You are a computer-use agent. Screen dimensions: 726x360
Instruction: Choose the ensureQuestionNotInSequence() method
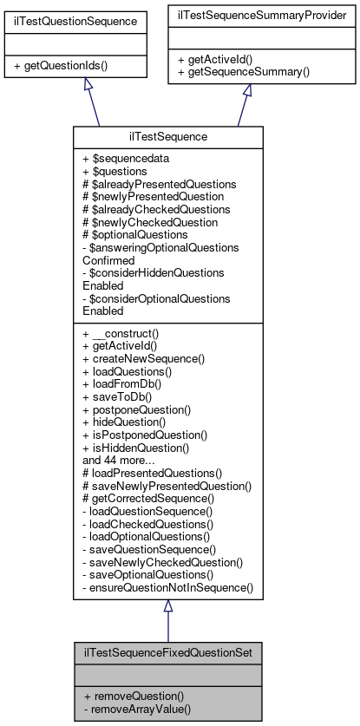pos(167,586)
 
